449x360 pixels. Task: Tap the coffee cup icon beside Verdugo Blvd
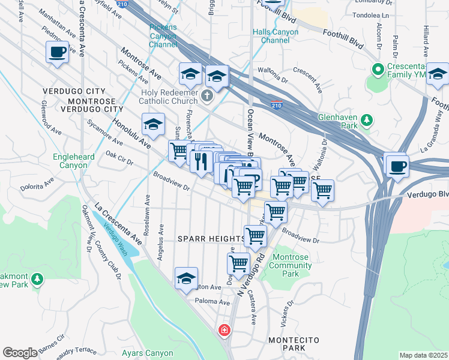397,166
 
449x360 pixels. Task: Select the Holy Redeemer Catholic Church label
173,97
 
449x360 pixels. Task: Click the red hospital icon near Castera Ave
224,330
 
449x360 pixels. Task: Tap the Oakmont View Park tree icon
37,279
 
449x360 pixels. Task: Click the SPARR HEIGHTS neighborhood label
211,239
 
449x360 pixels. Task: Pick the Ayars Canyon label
148,353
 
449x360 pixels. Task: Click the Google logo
20,353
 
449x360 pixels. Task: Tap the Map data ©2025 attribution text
423,355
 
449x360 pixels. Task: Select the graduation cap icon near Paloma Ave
187,278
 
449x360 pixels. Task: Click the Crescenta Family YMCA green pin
378,70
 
